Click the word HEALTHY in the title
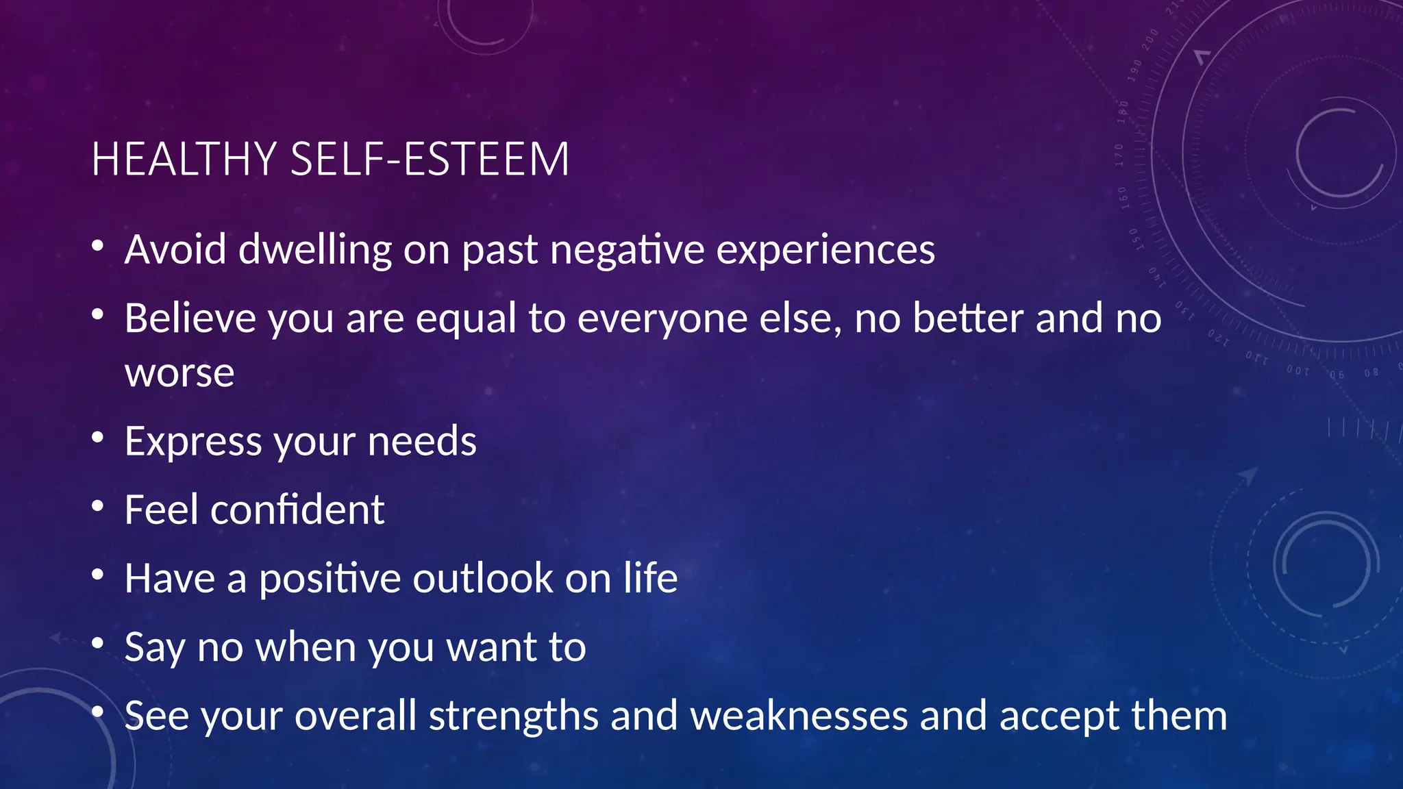[x=184, y=160]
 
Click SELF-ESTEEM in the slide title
[x=430, y=160]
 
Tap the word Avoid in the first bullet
[x=175, y=249]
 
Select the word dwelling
[x=315, y=251]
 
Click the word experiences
[x=825, y=251]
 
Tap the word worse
[x=179, y=374]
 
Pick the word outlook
[x=482, y=579]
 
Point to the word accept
[x=1058, y=717]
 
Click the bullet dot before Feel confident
[x=97, y=506]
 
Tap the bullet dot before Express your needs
[x=97, y=437]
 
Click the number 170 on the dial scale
[x=1119, y=155]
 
